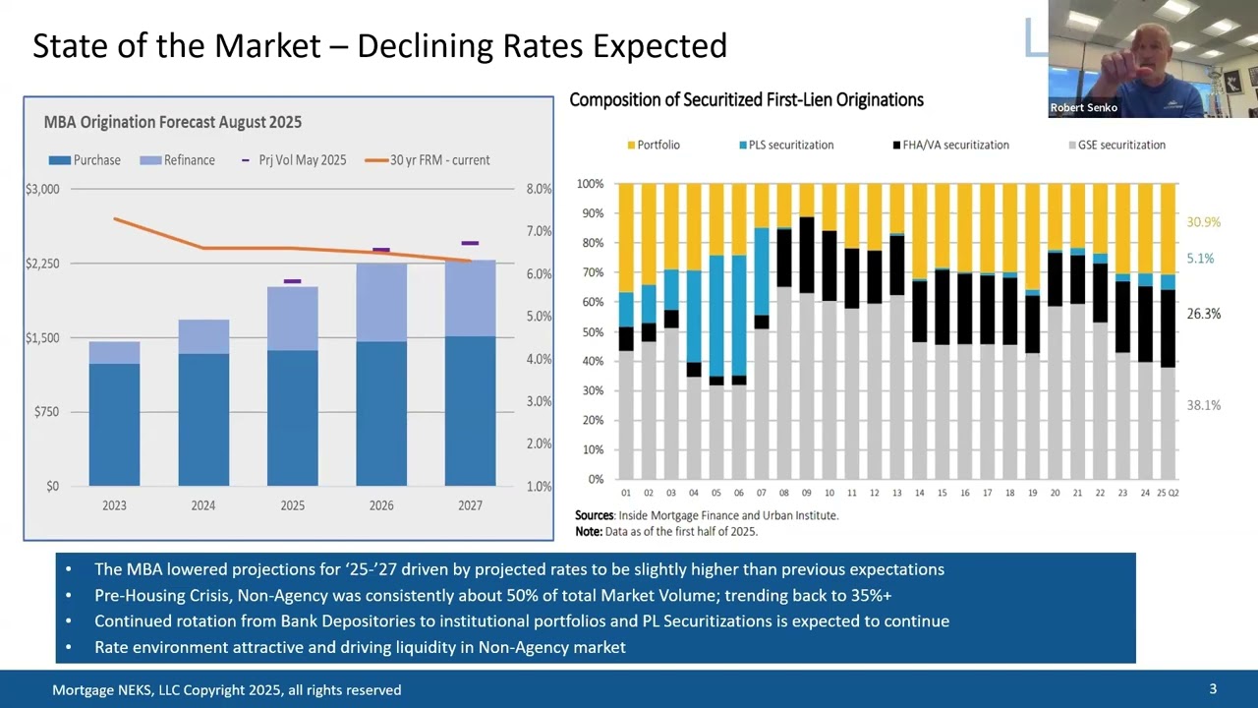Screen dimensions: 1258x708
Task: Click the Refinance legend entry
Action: [178, 160]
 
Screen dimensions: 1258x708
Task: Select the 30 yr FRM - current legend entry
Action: [428, 160]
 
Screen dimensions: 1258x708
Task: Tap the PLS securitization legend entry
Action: [786, 145]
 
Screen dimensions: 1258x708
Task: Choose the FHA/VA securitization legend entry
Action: [951, 145]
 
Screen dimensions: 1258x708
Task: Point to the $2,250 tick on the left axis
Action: [42, 264]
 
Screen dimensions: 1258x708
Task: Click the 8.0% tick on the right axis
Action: [539, 189]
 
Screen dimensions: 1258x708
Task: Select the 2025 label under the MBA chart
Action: [293, 505]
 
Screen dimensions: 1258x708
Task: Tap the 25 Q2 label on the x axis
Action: [1168, 493]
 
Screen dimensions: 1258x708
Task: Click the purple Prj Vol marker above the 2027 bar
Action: [470, 243]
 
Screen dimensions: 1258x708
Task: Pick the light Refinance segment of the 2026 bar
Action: [381, 302]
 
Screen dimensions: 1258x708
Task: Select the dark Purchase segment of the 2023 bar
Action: [115, 425]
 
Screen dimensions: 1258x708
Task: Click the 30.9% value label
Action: [1204, 222]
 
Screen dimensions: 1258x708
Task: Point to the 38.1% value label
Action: [1204, 405]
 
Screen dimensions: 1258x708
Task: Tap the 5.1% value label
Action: [1200, 259]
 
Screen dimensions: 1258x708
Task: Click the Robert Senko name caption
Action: [1083, 108]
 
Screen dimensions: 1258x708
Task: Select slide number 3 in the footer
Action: [1213, 689]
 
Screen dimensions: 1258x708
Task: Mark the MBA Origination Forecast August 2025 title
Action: [173, 122]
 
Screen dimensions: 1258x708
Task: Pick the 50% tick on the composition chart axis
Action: [593, 331]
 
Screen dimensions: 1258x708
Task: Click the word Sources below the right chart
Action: [595, 515]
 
